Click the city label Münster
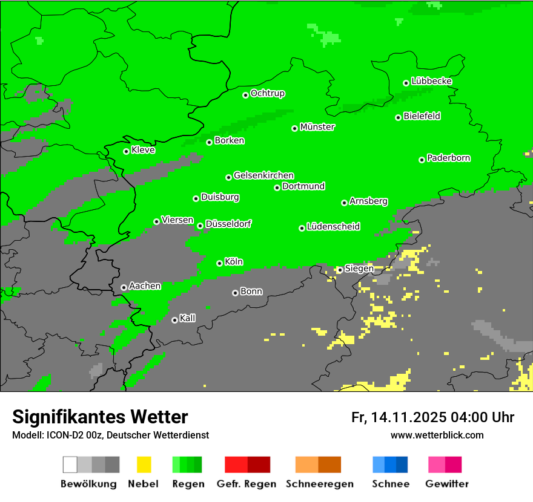(x=317, y=127)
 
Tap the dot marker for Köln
(x=220, y=263)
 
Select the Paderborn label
(x=449, y=158)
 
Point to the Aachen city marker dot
(x=124, y=287)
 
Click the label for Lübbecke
(x=432, y=81)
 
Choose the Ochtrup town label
(x=268, y=93)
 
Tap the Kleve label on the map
(x=144, y=150)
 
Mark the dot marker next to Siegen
(x=340, y=270)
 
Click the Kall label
(x=188, y=318)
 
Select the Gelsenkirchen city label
(x=264, y=175)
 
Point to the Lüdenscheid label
(x=334, y=227)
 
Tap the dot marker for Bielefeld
(x=399, y=117)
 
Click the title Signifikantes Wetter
(x=100, y=417)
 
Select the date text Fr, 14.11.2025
(x=399, y=417)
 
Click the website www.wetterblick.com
(x=437, y=435)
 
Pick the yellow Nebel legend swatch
(x=144, y=465)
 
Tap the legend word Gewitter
(x=447, y=484)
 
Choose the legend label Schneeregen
(x=319, y=484)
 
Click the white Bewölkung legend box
(x=70, y=465)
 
